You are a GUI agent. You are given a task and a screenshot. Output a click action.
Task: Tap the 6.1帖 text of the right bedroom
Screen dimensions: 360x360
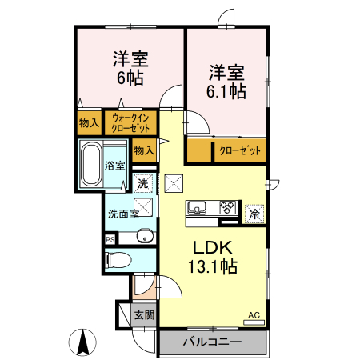(227, 91)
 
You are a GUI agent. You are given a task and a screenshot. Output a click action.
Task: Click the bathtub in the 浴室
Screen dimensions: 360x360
(92, 164)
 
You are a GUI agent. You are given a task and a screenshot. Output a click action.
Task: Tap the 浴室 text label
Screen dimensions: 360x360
(116, 166)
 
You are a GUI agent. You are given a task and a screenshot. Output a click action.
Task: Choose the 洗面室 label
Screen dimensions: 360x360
(123, 214)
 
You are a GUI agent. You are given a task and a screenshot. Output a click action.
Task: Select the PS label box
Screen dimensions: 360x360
(110, 238)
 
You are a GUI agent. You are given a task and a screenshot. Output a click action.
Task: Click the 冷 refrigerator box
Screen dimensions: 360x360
(254, 214)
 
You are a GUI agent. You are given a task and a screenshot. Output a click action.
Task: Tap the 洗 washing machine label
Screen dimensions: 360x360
(143, 184)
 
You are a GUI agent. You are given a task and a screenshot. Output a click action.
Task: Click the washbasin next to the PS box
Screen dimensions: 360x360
(144, 236)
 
